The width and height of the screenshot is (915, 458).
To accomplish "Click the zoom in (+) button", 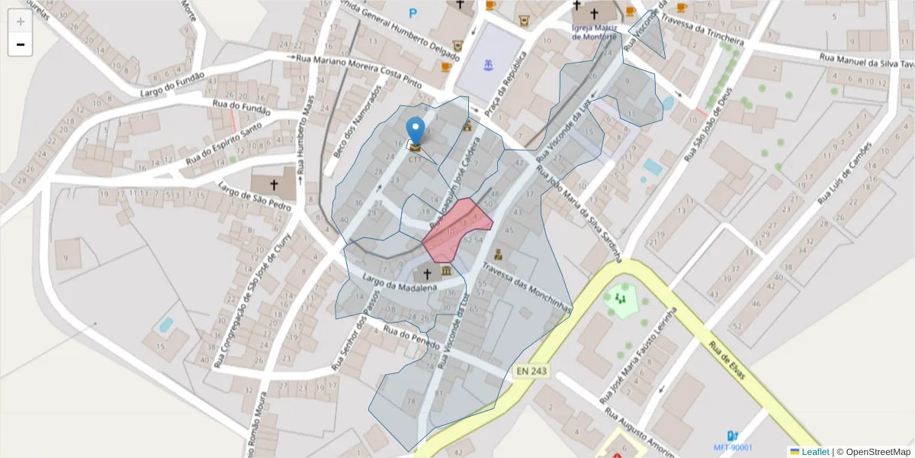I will pos(20,21).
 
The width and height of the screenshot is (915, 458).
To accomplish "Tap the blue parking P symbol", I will pos(413,12).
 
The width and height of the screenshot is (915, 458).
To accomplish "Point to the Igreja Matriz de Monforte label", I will pos(592,32).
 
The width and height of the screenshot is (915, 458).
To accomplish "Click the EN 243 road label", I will pos(531,371).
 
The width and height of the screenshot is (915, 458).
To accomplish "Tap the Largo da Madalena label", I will pos(399,282).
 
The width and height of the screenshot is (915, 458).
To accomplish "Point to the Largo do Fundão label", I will pos(172,85).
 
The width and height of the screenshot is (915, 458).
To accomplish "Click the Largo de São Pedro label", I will pos(255,196).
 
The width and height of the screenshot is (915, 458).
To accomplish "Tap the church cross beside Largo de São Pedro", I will pos(274,185).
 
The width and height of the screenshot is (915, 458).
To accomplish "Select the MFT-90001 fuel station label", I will pos(732,447).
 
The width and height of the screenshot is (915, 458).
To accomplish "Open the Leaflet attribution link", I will pos(814,452).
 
